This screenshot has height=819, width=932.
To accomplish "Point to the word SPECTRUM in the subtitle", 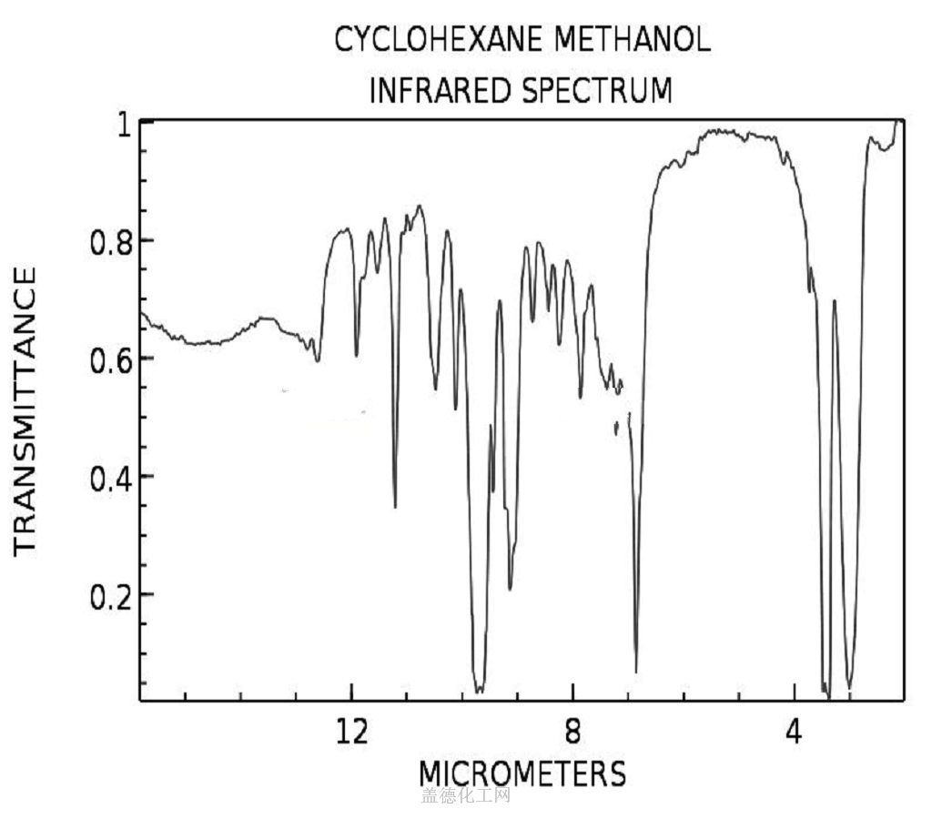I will pyautogui.click(x=596, y=91).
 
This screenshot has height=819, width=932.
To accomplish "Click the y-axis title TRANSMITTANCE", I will pyautogui.click(x=25, y=409).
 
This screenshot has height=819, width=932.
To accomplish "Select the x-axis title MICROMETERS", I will pyautogui.click(x=522, y=773).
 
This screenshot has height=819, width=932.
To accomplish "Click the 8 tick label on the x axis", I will pyautogui.click(x=572, y=731).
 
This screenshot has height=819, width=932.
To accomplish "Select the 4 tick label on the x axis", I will pyautogui.click(x=795, y=731).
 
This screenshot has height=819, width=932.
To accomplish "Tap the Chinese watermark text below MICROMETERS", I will pyautogui.click(x=465, y=796).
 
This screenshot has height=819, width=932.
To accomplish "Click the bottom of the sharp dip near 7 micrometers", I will pyautogui.click(x=635, y=672).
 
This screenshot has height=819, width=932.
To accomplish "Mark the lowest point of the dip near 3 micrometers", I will pyautogui.click(x=850, y=688).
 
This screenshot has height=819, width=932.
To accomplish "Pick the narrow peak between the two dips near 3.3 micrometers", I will pyautogui.click(x=835, y=301).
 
